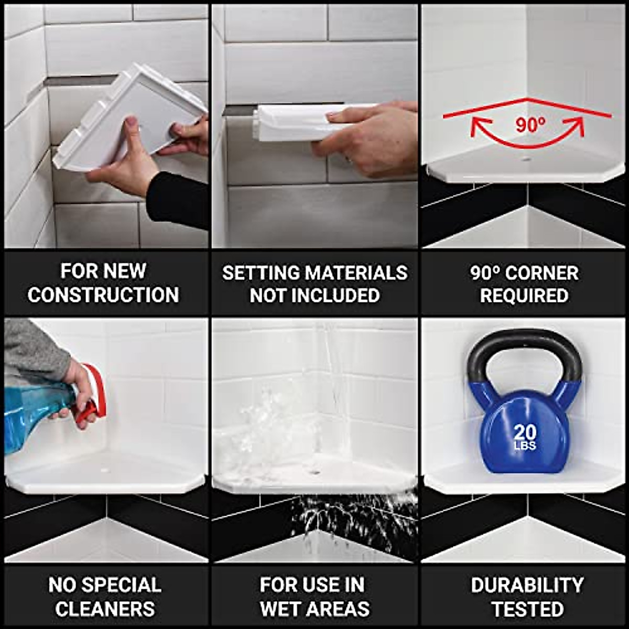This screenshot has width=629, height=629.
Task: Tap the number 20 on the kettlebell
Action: point(525,432)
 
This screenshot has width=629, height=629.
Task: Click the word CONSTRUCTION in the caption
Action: point(103,295)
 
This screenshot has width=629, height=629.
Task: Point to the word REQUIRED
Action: point(524,295)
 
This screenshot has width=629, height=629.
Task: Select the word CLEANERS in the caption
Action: point(105,609)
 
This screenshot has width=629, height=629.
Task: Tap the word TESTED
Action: point(527,609)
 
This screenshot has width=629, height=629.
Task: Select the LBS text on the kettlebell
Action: point(525,446)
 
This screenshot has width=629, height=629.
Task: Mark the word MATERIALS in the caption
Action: point(356,273)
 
